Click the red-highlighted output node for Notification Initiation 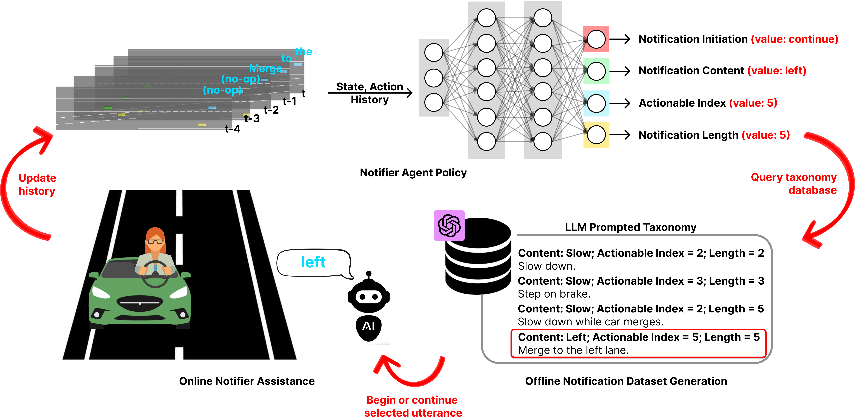(x=596, y=39)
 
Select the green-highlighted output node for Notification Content (x=596, y=71)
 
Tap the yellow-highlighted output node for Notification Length (x=596, y=135)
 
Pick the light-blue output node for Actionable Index (x=596, y=103)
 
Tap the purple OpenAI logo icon (x=449, y=225)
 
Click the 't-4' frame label (x=232, y=129)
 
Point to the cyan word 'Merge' (x=265, y=68)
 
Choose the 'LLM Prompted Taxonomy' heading (x=630, y=227)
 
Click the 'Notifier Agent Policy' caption (x=413, y=173)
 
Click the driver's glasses (x=155, y=241)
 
